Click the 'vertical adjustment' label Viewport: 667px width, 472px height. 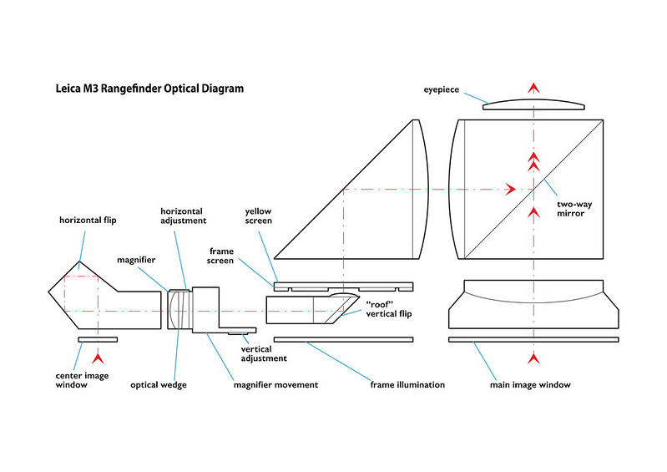tap(263, 353)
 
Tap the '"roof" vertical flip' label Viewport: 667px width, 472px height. tap(389, 308)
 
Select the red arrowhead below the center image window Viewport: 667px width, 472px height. tap(99, 359)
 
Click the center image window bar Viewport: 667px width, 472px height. tap(98, 339)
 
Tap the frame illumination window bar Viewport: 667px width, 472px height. tap(344, 339)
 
